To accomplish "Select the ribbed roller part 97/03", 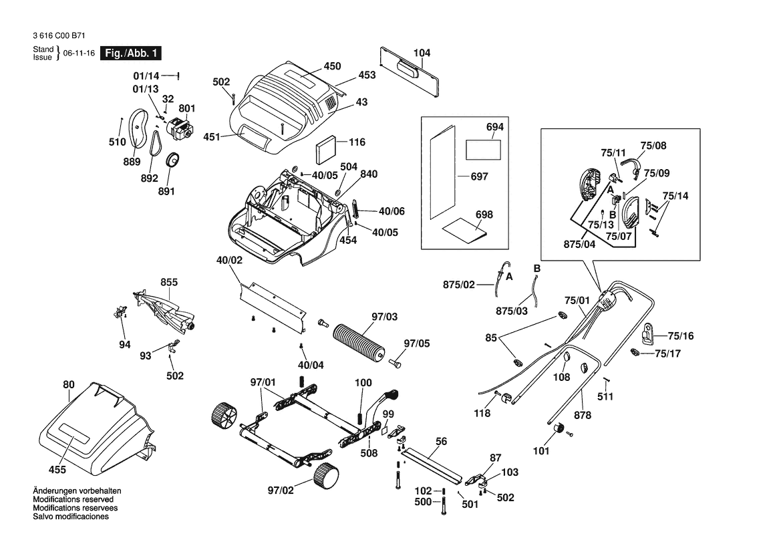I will tap(360, 342).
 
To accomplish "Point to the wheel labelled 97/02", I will tap(325, 476).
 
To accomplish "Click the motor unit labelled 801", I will tap(178, 128).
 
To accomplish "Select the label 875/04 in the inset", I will tap(579, 245).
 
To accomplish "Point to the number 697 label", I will tap(479, 177).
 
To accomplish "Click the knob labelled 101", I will tap(559, 429).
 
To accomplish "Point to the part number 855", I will tap(168, 283).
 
